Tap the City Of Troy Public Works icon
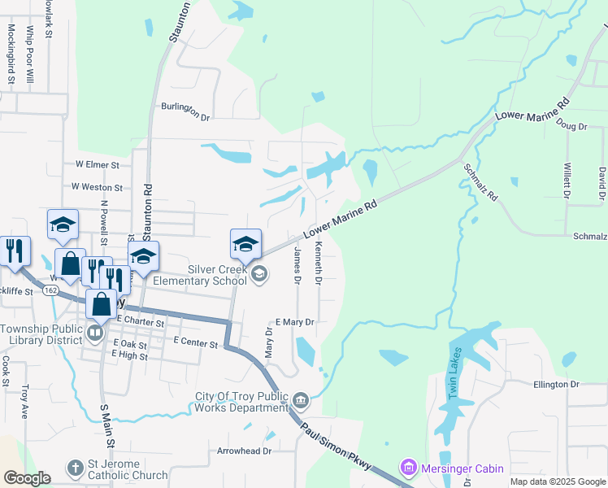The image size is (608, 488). [301, 399]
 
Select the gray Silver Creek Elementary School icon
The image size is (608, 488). [258, 273]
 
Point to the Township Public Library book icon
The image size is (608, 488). [96, 333]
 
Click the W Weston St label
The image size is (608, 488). [96, 186]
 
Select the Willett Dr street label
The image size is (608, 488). [567, 180]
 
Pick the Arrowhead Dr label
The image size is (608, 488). [243, 450]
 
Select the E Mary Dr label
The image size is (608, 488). [294, 322]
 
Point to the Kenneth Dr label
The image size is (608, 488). [319, 263]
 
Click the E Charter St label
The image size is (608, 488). [141, 321]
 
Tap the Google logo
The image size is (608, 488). [27, 478]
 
